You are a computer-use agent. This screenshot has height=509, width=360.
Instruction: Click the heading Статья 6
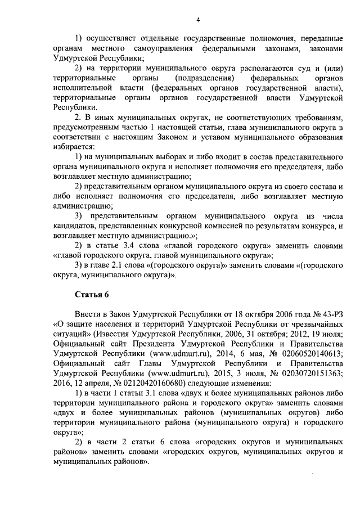(92, 295)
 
